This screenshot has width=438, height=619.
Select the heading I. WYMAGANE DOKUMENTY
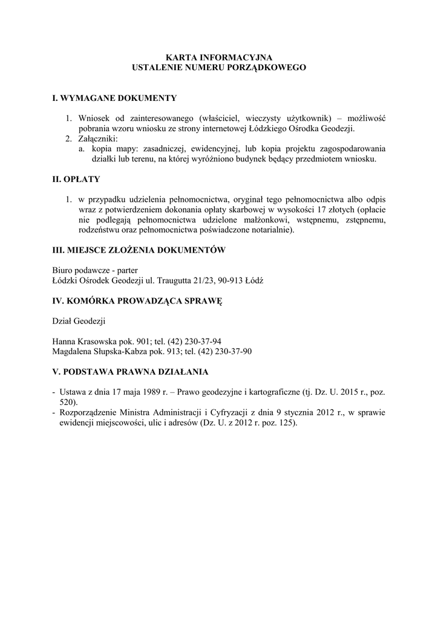[x=115, y=98]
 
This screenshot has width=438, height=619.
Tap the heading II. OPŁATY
[x=76, y=180]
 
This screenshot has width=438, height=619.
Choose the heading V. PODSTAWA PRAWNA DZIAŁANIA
[x=131, y=371]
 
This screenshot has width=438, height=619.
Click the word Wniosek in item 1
[x=93, y=118]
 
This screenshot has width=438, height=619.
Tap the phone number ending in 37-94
[x=200, y=341]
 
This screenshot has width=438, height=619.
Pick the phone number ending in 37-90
[x=223, y=351]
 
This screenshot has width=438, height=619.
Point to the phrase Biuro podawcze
[x=82, y=271]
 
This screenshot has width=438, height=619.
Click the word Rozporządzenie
[x=87, y=412]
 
